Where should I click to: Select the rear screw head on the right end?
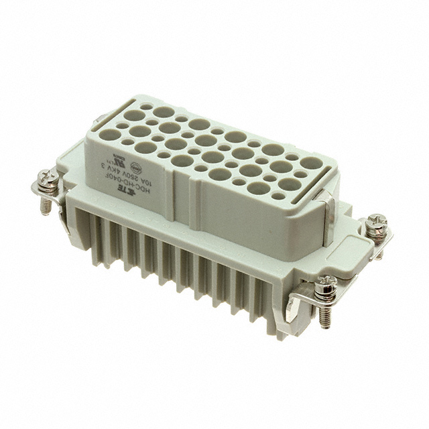coord(377,222)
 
